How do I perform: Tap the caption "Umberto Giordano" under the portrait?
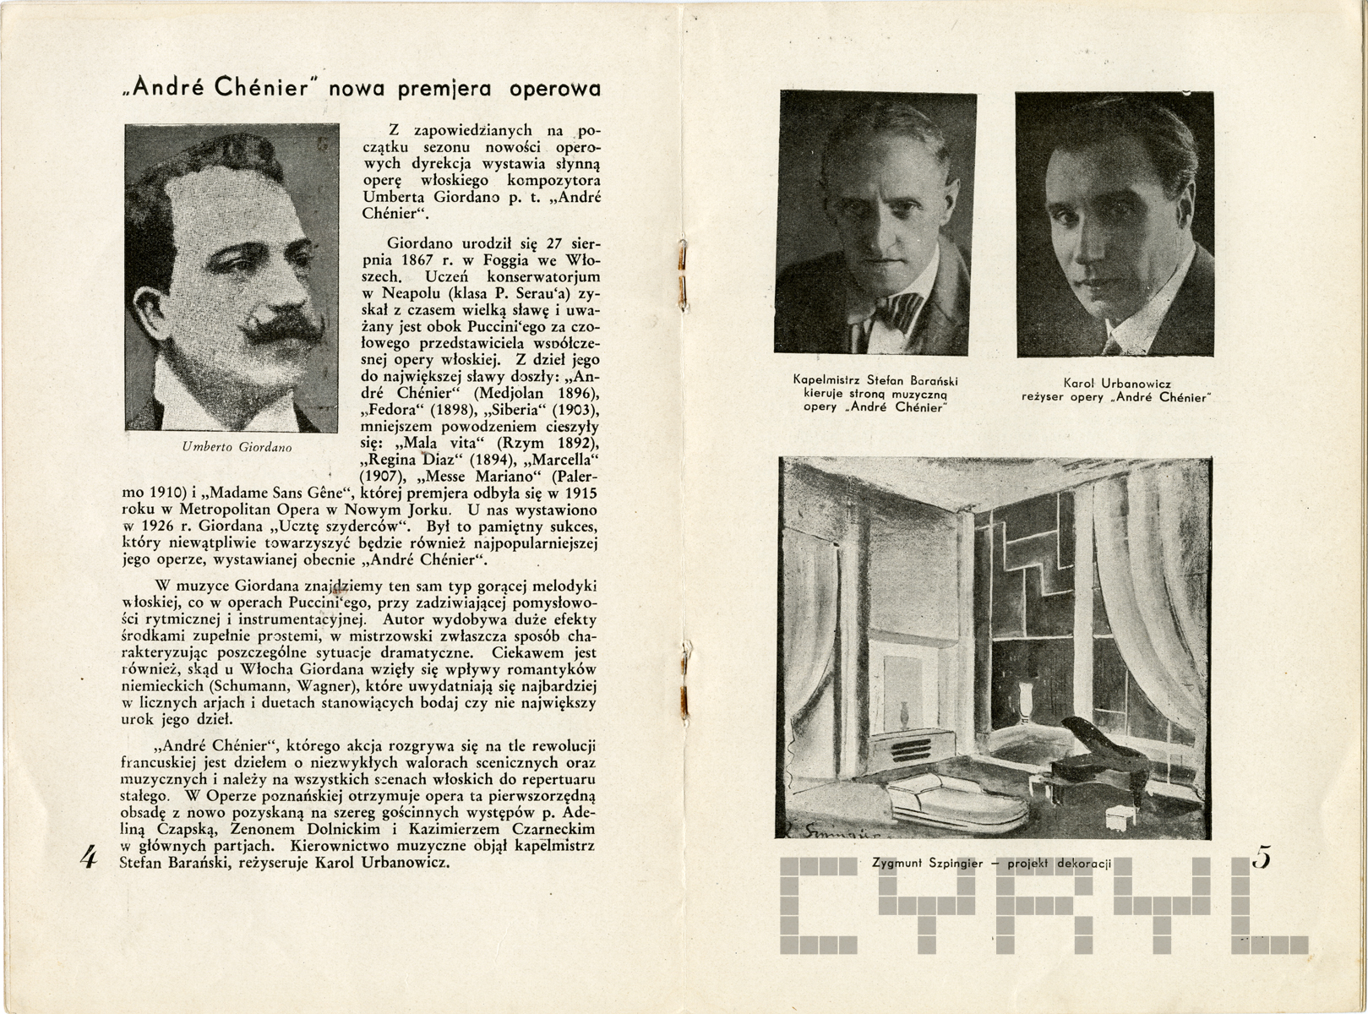pos(237,448)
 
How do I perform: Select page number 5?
pos(1262,859)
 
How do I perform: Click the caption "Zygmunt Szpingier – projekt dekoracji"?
pos(992,863)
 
